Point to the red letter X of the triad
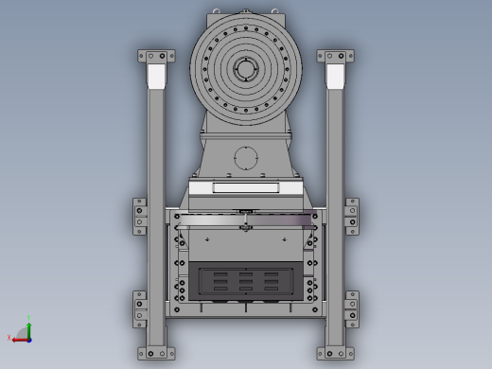coord(9,338)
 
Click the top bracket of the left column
coord(156,56)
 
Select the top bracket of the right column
coord(335,56)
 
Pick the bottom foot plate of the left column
coord(156,353)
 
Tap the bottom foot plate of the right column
coord(335,353)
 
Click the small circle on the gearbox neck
coord(246,157)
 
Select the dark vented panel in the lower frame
coord(245,281)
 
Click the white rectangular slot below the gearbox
coord(245,188)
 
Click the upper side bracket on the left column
coord(140,217)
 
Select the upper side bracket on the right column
coord(351,217)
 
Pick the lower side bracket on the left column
coord(140,308)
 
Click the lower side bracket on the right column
coord(351,308)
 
